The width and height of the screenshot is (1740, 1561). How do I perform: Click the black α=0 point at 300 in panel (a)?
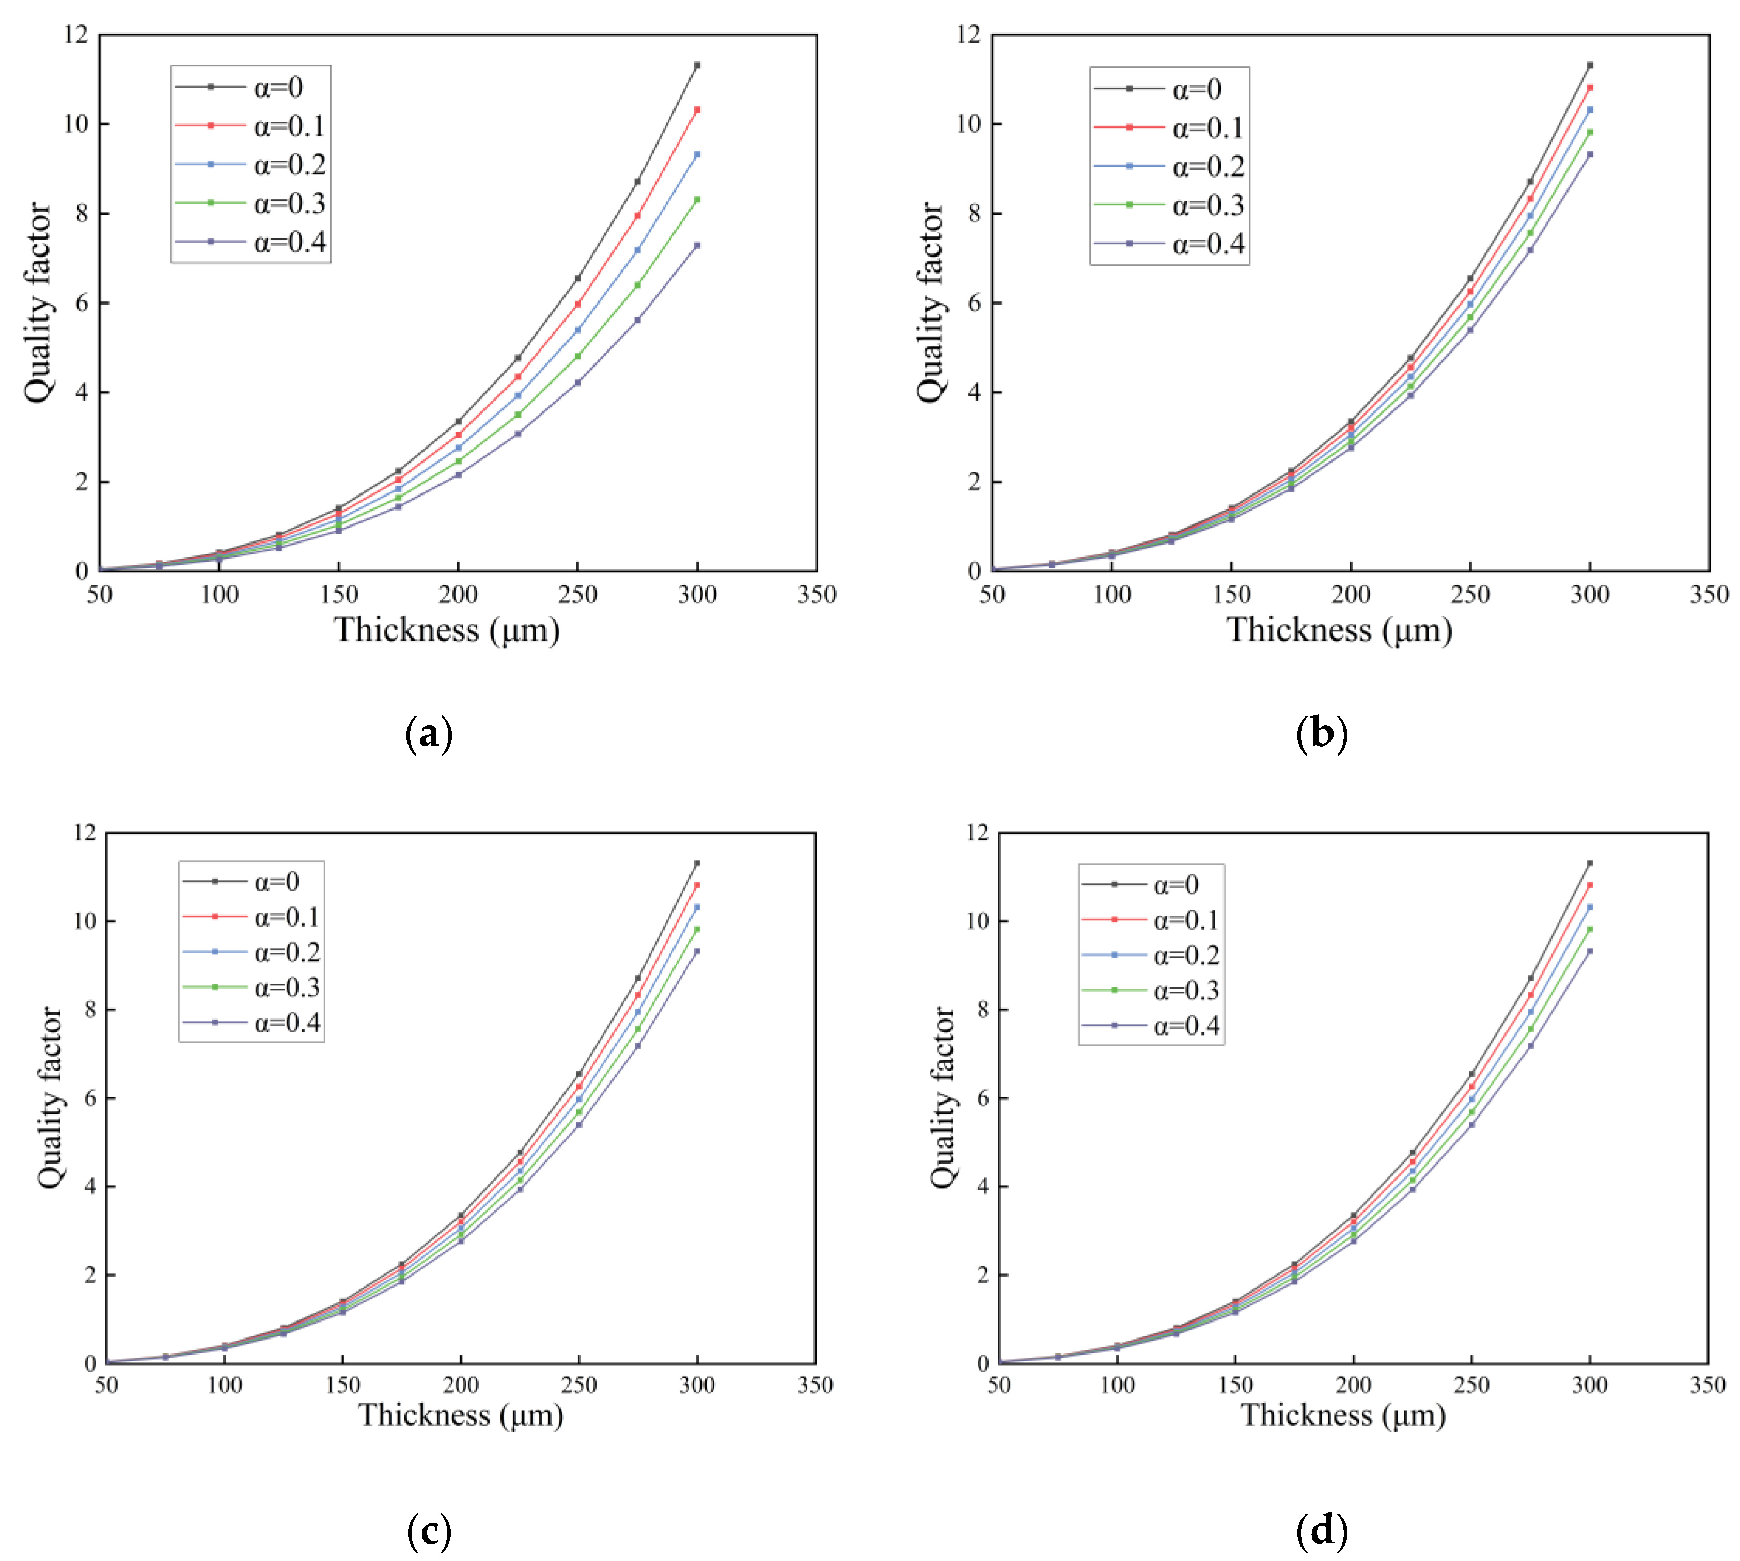coord(697,65)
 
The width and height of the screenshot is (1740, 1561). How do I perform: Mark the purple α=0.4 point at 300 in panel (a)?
coord(697,245)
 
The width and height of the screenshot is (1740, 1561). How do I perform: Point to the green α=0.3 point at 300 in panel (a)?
coord(697,200)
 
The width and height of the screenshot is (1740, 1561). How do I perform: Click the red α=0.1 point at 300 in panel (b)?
coord(1589,87)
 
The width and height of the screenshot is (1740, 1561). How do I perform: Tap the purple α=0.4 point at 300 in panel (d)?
coord(1589,952)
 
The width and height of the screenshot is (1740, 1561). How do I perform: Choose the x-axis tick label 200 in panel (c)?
coord(461,1385)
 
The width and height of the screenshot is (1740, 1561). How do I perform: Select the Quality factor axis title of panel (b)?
coord(930,302)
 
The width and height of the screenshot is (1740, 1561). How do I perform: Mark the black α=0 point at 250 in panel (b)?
coord(1470,279)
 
